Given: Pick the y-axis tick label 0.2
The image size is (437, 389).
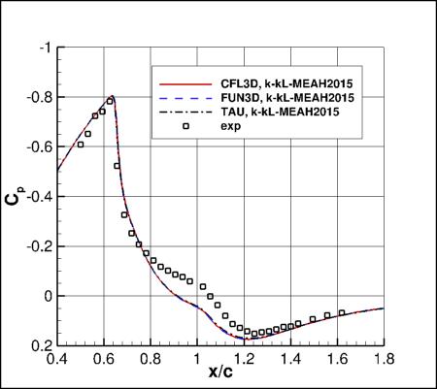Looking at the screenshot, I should tap(44, 345).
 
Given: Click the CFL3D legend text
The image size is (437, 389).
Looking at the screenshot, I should tap(272, 84).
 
